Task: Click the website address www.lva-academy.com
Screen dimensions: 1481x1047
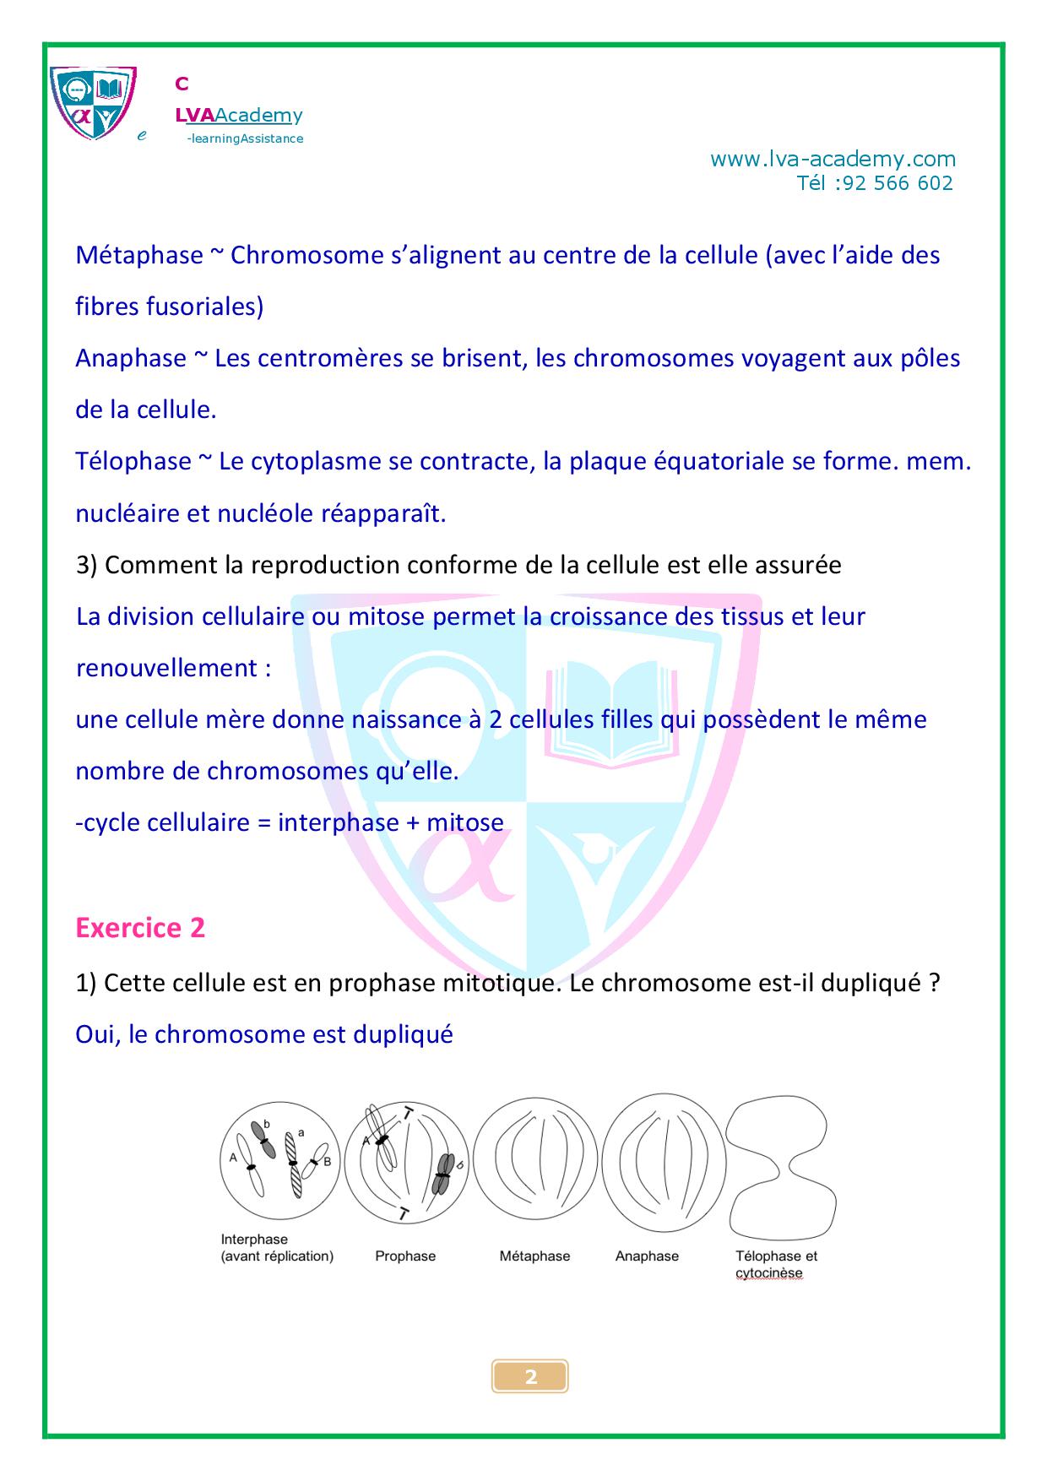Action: (x=833, y=159)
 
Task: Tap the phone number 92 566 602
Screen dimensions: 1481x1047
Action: (x=898, y=183)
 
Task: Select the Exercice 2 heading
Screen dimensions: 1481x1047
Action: (x=140, y=928)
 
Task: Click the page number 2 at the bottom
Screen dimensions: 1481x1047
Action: (x=530, y=1377)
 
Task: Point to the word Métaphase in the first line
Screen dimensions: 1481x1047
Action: (x=139, y=255)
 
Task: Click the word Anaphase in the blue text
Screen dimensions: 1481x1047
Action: (x=131, y=358)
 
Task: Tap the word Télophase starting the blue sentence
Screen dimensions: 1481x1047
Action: (x=133, y=461)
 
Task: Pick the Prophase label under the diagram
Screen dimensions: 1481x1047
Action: (x=405, y=1256)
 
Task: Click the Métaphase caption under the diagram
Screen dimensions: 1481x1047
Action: (x=534, y=1256)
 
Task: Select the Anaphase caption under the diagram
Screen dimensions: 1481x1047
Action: (x=647, y=1256)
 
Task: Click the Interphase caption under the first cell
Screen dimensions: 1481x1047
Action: (x=254, y=1240)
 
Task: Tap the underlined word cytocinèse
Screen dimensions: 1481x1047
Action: (x=768, y=1273)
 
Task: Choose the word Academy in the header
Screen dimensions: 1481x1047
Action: (x=258, y=115)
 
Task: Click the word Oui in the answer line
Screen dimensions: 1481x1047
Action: (x=96, y=1034)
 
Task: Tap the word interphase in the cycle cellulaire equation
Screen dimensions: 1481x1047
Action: (x=339, y=822)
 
